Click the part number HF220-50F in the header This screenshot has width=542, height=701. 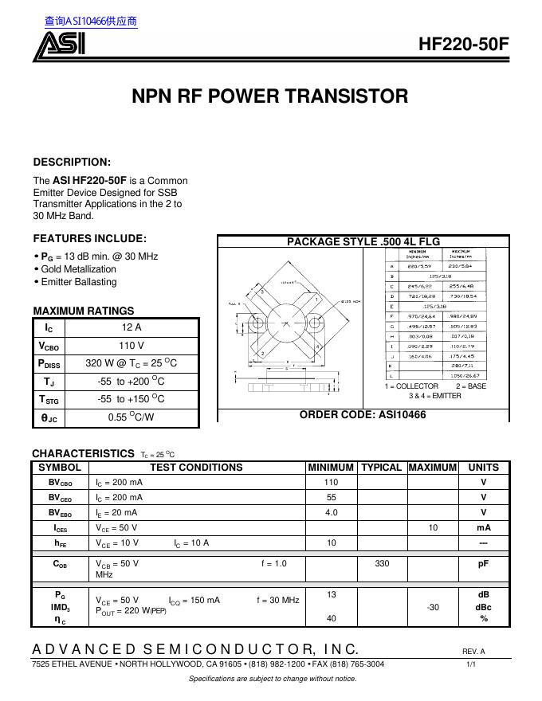463,45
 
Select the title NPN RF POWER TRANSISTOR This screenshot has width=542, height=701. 269,97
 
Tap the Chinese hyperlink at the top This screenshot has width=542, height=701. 91,22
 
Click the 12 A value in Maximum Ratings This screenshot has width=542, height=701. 132,327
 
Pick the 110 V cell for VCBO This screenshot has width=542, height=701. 132,346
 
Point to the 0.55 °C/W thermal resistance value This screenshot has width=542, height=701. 132,417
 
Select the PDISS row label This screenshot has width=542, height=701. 49,363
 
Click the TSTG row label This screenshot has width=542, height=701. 49,399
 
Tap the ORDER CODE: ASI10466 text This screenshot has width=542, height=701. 363,415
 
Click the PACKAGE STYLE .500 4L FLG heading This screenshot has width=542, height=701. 363,241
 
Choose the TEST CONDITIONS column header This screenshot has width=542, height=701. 196,468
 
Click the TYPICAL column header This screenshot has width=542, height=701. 381,468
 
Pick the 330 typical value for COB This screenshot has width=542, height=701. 381,563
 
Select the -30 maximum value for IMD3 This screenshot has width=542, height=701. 433,607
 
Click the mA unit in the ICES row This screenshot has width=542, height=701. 483,527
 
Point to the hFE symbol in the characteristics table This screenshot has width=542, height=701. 60,542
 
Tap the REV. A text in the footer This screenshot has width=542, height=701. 473,652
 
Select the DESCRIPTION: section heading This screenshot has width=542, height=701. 72,162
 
